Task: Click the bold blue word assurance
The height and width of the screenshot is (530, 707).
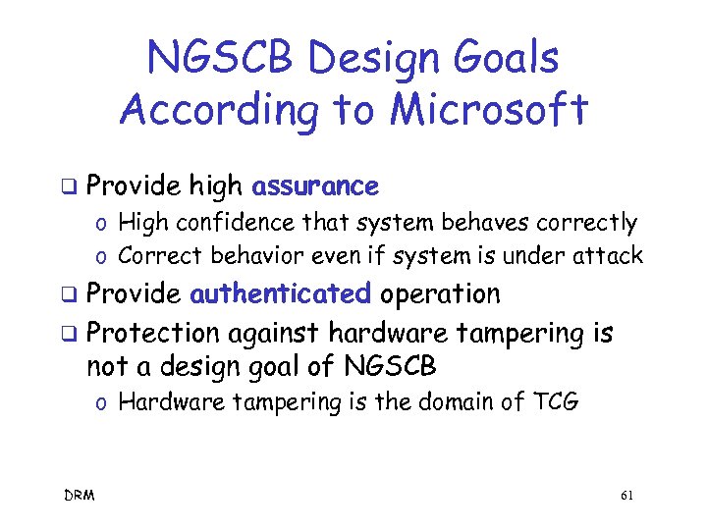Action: point(315,186)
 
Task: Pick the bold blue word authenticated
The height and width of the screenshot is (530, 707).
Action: point(280,293)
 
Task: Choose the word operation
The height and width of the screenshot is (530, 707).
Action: point(440,293)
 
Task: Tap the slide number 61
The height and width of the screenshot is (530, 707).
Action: point(627,496)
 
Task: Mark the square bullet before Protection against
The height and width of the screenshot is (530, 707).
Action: point(69,333)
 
